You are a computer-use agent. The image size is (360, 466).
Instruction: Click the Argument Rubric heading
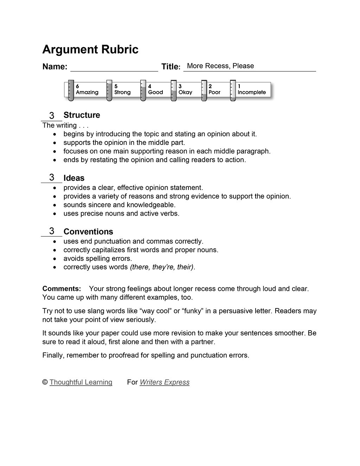click(x=90, y=50)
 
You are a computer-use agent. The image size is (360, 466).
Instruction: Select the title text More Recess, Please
click(x=220, y=66)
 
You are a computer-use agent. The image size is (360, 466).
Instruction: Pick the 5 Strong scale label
click(x=122, y=89)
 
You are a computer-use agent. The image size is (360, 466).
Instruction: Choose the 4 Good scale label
click(x=155, y=89)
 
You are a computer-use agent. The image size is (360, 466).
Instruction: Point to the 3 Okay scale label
click(x=185, y=89)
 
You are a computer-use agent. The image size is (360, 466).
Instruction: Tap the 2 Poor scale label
click(x=214, y=89)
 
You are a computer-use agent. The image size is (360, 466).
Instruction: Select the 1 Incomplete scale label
click(x=251, y=89)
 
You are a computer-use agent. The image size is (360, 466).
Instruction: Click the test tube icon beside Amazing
click(x=71, y=90)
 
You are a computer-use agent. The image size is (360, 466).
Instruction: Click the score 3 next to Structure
click(x=52, y=115)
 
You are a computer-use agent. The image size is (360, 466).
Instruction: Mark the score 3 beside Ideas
click(x=52, y=177)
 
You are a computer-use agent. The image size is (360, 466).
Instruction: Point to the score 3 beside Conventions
click(x=52, y=231)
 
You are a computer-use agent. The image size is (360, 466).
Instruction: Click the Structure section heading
click(x=82, y=115)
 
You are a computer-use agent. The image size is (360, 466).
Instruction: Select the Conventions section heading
click(x=88, y=231)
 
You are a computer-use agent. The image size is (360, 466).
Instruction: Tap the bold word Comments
click(x=62, y=289)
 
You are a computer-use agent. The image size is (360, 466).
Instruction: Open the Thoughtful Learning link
click(x=81, y=382)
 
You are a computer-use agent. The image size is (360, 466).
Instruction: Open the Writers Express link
click(x=165, y=382)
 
